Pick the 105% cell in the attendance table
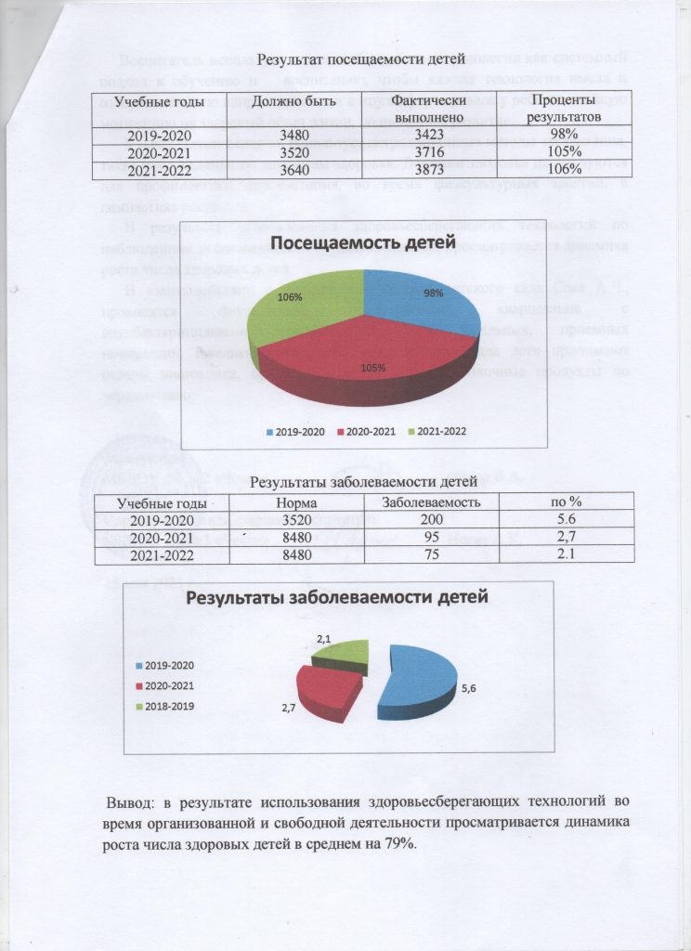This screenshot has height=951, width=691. [562, 152]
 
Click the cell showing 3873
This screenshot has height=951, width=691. [414, 168]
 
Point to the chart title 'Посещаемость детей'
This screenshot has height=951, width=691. [364, 244]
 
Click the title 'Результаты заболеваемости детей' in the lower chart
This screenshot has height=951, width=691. [338, 597]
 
